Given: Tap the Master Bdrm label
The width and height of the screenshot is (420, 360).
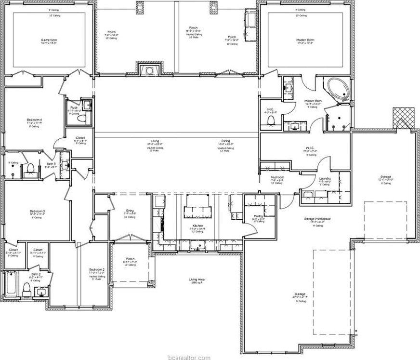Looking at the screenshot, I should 304,40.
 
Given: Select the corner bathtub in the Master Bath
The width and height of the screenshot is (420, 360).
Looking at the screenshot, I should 338,90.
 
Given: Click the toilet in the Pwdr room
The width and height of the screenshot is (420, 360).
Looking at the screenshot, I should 81,118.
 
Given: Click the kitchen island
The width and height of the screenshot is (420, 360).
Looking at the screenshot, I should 197,210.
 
